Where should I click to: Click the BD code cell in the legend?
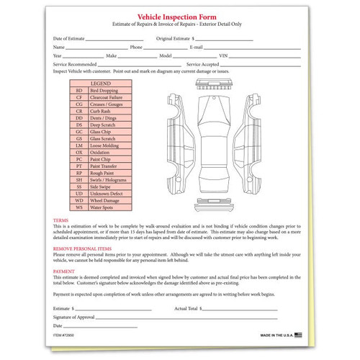pyautogui.click(x=78, y=91)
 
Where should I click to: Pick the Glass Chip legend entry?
pyautogui.click(x=104, y=132)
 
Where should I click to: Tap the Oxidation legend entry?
pyautogui.click(x=104, y=152)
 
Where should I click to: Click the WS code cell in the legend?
pyautogui.click(x=78, y=207)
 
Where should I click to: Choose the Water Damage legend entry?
pyautogui.click(x=107, y=200)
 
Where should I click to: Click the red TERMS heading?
pyautogui.click(x=61, y=220)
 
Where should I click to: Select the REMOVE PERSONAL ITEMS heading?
pyautogui.click(x=82, y=247)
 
